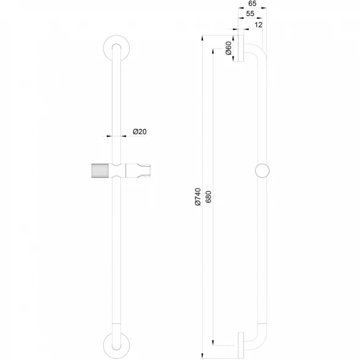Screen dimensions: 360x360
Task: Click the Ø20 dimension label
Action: pyautogui.click(x=139, y=131)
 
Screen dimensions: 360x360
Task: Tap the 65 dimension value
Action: pyautogui.click(x=252, y=4)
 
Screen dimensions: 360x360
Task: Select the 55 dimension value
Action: pyautogui.click(x=250, y=14)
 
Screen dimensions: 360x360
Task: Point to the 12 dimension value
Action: pyautogui.click(x=259, y=25)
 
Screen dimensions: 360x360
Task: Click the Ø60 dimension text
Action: pyautogui.click(x=229, y=48)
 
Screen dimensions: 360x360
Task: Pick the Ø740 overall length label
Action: pyautogui.click(x=197, y=197)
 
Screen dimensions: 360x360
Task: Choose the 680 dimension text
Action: pyautogui.click(x=208, y=197)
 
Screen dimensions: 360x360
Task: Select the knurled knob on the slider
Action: pyautogui.click(x=100, y=171)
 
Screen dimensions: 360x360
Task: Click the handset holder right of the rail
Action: pyautogui.click(x=138, y=171)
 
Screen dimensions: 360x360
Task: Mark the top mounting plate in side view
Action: pyautogui.click(x=241, y=48)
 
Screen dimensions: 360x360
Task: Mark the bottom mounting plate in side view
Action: pyautogui.click(x=241, y=345)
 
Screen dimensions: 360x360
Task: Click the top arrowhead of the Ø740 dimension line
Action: pyautogui.click(x=202, y=38)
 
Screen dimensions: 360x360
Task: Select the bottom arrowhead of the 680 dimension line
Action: pyautogui.click(x=213, y=342)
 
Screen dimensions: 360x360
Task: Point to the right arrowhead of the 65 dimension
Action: pyautogui.click(x=264, y=8)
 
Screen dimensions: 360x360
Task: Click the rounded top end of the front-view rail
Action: pyautogui.click(x=116, y=44)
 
